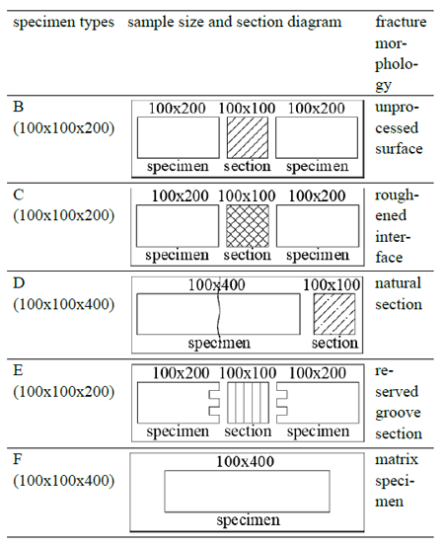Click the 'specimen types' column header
point(63,23)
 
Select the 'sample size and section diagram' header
point(235,23)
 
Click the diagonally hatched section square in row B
point(248,138)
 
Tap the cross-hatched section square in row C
point(248,226)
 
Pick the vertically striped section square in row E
point(248,403)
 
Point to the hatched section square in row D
point(334,314)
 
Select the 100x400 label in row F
point(246,462)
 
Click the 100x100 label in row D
point(332,285)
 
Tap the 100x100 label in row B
point(247,109)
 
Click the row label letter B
point(19,107)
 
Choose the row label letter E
point(18,370)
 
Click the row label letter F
point(18,459)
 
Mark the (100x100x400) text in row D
point(64,304)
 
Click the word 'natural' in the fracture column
point(398,283)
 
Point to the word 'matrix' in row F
point(397,459)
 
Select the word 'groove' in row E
point(398,414)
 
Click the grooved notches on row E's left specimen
point(215,403)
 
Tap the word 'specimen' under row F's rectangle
point(248,520)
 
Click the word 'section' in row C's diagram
point(247,255)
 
